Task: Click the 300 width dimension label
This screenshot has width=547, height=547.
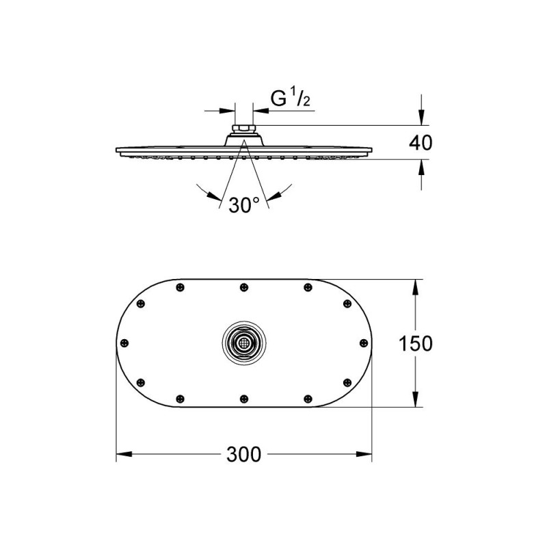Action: point(243,455)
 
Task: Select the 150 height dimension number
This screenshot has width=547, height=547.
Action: point(416,343)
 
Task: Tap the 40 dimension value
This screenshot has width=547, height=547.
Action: point(421,143)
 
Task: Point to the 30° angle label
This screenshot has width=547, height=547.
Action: point(244,204)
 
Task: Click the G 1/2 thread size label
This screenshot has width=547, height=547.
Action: point(290,98)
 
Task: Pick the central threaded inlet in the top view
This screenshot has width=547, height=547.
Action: point(244,343)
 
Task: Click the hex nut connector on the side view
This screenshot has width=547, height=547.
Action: point(244,129)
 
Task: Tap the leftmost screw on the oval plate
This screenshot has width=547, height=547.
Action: point(124,343)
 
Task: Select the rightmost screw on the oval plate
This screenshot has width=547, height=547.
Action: point(364,343)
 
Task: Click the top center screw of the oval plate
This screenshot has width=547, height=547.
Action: point(244,287)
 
